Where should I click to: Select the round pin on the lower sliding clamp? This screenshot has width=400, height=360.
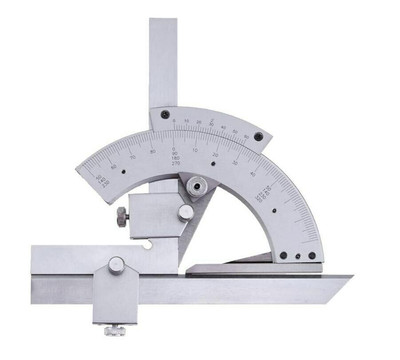coord(117,265)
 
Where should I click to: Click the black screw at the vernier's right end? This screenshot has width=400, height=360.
coord(259,137)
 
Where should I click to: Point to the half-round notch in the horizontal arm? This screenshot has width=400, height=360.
coord(146,244)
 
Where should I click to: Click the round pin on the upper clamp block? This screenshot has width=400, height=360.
coord(185,212)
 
